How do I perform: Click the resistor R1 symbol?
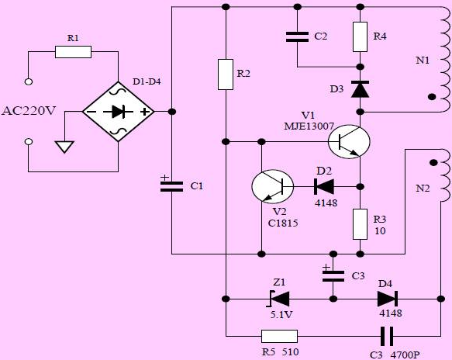pyautogui.click(x=73, y=52)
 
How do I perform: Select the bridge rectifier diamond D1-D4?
pyautogui.click(x=119, y=112)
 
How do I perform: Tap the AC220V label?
pyautogui.click(x=28, y=111)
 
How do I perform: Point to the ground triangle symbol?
pyautogui.click(x=65, y=147)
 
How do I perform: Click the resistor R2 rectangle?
pyautogui.click(x=226, y=74)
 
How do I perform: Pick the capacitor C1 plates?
pyautogui.click(x=172, y=187)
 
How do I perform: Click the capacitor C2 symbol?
pyautogui.click(x=297, y=37)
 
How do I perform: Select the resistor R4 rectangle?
pyautogui.click(x=360, y=36)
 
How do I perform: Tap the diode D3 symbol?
pyautogui.click(x=360, y=89)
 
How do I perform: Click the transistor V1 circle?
pyautogui.click(x=349, y=141)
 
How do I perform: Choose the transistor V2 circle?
pyautogui.click(x=273, y=186)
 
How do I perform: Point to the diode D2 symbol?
pyautogui.click(x=324, y=186)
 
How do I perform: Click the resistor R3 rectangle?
pyautogui.click(x=360, y=224)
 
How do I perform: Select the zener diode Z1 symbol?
pyautogui.click(x=279, y=299)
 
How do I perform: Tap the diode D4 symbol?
pyautogui.click(x=388, y=299)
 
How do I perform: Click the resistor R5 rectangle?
pyautogui.click(x=279, y=337)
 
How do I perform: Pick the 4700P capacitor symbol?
pyautogui.click(x=387, y=337)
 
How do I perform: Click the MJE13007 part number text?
pyautogui.click(x=309, y=126)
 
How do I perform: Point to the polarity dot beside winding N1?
pyautogui.click(x=432, y=97)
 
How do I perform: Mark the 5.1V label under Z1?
pyautogui.click(x=281, y=314)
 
